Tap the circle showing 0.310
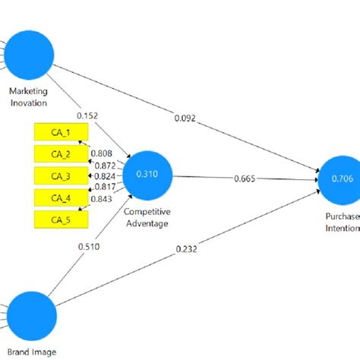(x=147, y=175)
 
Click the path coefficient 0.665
(x=244, y=179)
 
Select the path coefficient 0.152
(x=87, y=115)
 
